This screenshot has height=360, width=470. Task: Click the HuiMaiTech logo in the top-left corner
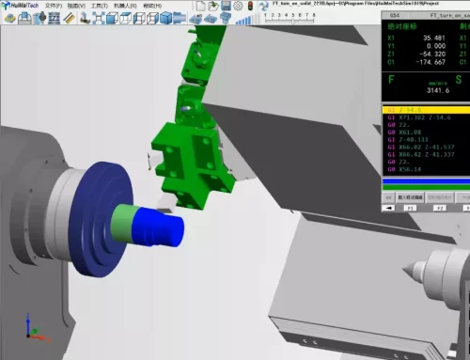(x=20, y=6)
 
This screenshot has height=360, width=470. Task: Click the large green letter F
(x=392, y=81)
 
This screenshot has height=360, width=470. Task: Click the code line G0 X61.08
(x=404, y=133)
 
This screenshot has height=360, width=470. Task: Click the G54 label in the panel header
(x=395, y=16)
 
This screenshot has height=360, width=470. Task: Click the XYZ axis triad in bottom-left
(x=31, y=328)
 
